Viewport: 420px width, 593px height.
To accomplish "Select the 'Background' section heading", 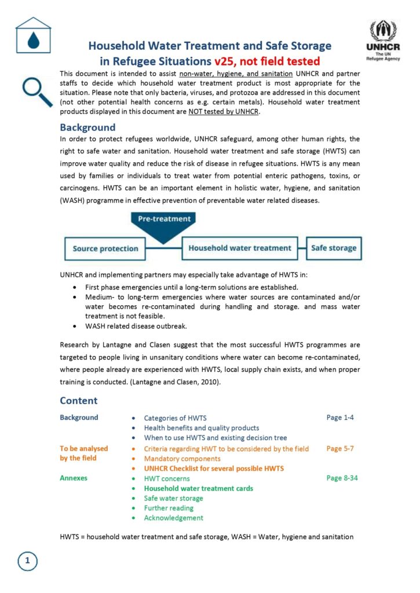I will pyautogui.click(x=87, y=127).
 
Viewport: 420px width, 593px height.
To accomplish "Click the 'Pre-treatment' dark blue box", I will pyautogui.click(x=165, y=219).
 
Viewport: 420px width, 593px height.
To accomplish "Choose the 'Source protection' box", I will pyautogui.click(x=105, y=248).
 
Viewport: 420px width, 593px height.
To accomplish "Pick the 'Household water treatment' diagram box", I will pyautogui.click(x=240, y=248).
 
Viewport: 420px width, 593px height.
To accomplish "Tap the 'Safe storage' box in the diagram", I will pyautogui.click(x=334, y=248).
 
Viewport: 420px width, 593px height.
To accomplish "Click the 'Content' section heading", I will pyautogui.click(x=79, y=401).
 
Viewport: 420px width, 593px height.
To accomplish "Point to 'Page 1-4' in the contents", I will pyautogui.click(x=340, y=418).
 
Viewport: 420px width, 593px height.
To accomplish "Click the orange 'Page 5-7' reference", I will pyautogui.click(x=340, y=448).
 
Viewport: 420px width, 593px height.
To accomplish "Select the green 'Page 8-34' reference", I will pyautogui.click(x=342, y=478).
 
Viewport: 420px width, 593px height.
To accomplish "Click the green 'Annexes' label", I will pyautogui.click(x=74, y=478).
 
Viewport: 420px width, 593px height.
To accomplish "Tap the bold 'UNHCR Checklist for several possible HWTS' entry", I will pyautogui.click(x=214, y=468).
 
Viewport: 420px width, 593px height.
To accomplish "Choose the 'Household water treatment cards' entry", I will pyautogui.click(x=198, y=488).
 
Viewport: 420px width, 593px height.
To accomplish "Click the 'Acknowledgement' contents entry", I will pyautogui.click(x=173, y=518).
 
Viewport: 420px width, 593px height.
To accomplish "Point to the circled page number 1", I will pyautogui.click(x=27, y=561).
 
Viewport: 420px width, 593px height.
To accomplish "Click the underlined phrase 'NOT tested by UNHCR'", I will pyautogui.click(x=224, y=112).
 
